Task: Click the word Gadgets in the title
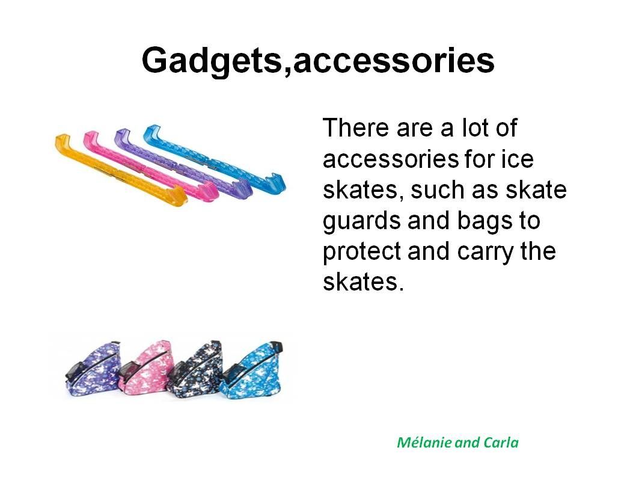(x=211, y=61)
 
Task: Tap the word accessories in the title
(x=394, y=61)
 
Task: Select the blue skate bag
(x=251, y=369)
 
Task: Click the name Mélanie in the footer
(x=424, y=442)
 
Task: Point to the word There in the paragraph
(x=356, y=128)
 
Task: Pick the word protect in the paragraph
(x=362, y=251)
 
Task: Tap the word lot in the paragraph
(x=475, y=128)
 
